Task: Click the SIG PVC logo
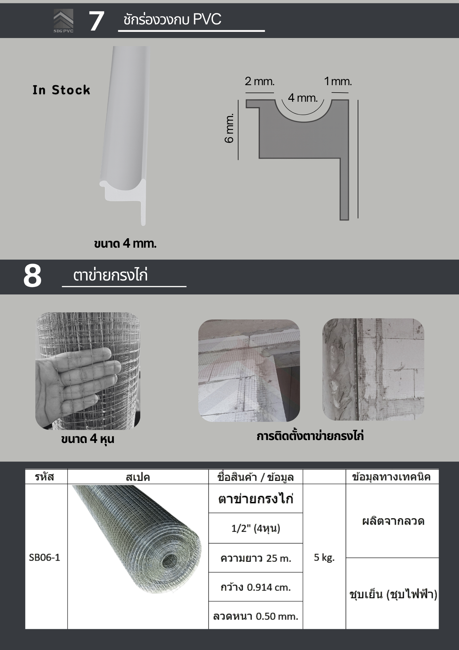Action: click(x=63, y=21)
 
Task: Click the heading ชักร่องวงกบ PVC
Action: click(x=172, y=19)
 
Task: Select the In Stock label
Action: click(x=61, y=90)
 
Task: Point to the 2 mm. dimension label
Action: click(x=260, y=81)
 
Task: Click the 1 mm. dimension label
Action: click(x=338, y=81)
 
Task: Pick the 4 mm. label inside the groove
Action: click(x=303, y=98)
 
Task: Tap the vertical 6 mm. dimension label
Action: click(x=229, y=128)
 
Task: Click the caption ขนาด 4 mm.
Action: click(x=125, y=243)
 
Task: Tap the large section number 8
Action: click(x=32, y=276)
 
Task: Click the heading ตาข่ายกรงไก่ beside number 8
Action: click(x=110, y=275)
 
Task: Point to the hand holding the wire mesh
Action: click(x=78, y=381)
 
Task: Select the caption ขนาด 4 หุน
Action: click(x=88, y=439)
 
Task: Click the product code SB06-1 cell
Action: click(x=44, y=557)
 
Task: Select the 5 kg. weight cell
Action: click(x=324, y=557)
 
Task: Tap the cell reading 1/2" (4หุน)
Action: click(x=256, y=528)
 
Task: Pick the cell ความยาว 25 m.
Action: click(x=256, y=558)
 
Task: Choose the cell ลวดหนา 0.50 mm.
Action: click(x=256, y=616)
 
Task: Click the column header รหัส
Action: click(x=44, y=477)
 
